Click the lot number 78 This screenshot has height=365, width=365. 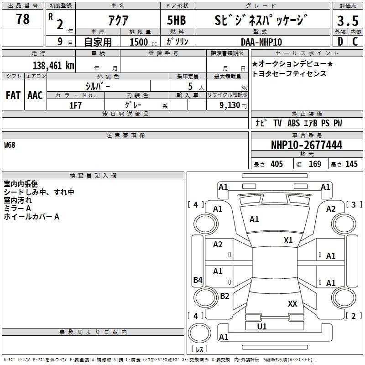pos(22,19)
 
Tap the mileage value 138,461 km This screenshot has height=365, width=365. pos(53,65)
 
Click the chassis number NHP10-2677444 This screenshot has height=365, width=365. pos(306,145)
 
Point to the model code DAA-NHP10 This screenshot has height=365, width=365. pos(261,42)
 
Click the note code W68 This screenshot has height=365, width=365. pos(10,145)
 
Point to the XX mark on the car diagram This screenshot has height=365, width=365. pos(292,303)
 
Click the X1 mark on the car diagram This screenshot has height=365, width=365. pos(288,240)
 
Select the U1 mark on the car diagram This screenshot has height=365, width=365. pos(262,326)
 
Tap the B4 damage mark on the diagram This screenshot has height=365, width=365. pos(198,280)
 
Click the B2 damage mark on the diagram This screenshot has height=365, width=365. pos(224,296)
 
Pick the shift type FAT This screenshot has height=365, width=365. pos(13,95)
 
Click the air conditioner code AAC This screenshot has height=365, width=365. pos(35,95)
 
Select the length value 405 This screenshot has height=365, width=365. pos(276,164)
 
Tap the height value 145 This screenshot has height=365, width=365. pos(351,164)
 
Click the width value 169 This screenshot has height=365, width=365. pos(315,164)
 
